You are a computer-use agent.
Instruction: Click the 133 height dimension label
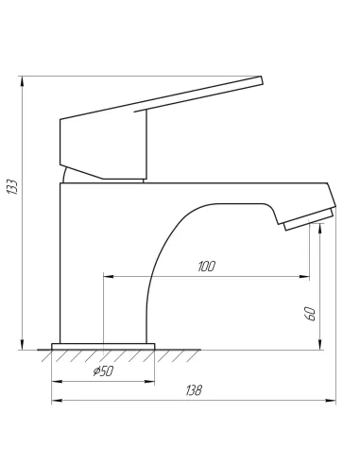pyautogui.click(x=12, y=187)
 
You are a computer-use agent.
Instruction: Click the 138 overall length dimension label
pyautogui.click(x=194, y=390)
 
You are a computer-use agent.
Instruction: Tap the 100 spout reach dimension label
pyautogui.click(x=207, y=267)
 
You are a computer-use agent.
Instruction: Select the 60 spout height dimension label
pyautogui.click(x=311, y=314)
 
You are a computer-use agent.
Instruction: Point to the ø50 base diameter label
pyautogui.click(x=103, y=371)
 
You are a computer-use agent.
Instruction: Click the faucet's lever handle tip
pyautogui.click(x=261, y=79)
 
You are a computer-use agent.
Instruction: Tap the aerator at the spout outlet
pyautogui.click(x=309, y=219)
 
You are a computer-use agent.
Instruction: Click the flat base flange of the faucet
pyautogui.click(x=103, y=347)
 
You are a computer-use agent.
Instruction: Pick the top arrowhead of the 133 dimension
pyautogui.click(x=22, y=81)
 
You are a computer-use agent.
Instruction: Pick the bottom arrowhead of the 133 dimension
pyautogui.click(x=22, y=345)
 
